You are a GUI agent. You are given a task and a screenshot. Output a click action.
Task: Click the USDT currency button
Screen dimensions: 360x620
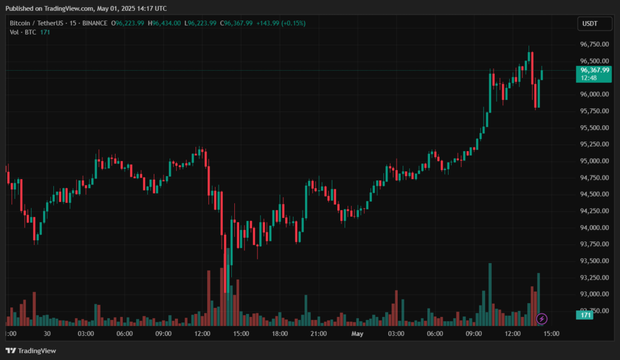point(589,23)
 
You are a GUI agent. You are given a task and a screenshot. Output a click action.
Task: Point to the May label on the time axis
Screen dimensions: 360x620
point(357,333)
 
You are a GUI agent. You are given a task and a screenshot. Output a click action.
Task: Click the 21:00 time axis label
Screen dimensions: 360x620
point(318,333)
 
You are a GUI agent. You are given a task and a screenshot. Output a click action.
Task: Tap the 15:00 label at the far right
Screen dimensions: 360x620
point(551,333)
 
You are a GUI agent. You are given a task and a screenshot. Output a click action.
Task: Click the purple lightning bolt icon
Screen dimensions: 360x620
point(542,318)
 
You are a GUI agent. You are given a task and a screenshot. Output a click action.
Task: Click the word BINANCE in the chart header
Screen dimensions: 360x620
point(95,23)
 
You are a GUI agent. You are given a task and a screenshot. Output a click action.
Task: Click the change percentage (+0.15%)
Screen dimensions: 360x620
point(294,23)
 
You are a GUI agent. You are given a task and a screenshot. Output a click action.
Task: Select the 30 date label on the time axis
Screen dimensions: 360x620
point(47,333)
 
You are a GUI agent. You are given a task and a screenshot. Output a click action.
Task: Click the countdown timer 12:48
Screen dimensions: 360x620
point(589,78)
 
